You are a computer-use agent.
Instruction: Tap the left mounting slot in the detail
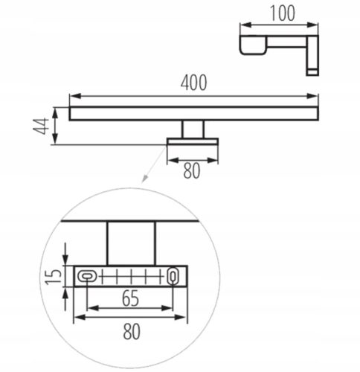[x=87, y=277]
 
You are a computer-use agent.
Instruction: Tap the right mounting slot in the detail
[x=173, y=276]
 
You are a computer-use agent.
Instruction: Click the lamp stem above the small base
[x=193, y=129]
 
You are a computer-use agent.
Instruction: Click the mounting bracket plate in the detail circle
[x=130, y=277]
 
